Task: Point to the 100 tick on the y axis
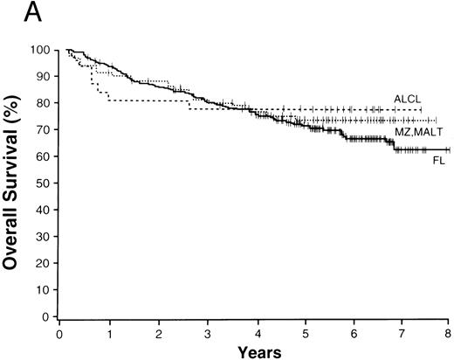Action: pyautogui.click(x=39, y=50)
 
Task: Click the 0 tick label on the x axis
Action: pyautogui.click(x=59, y=332)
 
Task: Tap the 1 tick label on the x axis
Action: pyautogui.click(x=108, y=332)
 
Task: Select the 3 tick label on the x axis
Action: pyautogui.click(x=207, y=332)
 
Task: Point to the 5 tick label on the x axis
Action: pyautogui.click(x=305, y=332)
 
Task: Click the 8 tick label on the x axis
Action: pyautogui.click(x=449, y=332)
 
